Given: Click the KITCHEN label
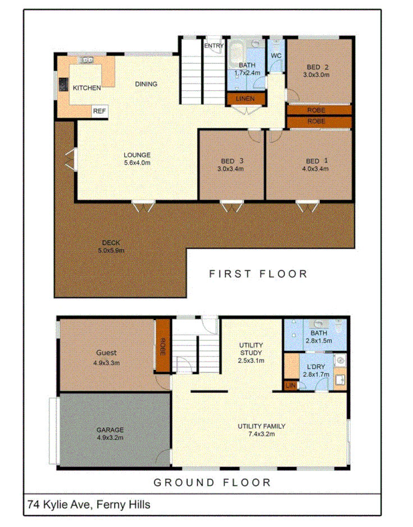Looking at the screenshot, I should (87, 88).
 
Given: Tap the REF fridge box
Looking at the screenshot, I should (99, 111).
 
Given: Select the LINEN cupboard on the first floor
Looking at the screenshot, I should (245, 99).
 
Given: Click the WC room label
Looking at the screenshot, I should (276, 56).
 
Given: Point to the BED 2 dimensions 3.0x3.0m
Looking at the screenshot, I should (318, 75).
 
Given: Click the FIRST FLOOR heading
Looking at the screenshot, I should (258, 274).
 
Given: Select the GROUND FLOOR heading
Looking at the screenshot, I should (212, 482).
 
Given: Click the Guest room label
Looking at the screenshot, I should (106, 353).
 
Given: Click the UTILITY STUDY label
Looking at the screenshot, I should (251, 349).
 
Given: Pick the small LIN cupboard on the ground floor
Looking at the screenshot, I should (290, 386).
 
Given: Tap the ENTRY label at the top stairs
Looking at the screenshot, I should (214, 46).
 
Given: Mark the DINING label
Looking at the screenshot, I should (146, 84).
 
